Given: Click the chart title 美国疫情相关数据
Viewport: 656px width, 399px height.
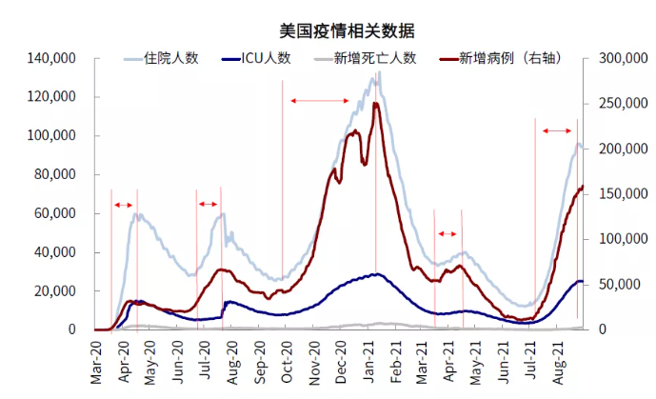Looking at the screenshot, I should pos(327,32).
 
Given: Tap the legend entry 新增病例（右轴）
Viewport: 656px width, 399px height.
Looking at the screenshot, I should pos(508,58).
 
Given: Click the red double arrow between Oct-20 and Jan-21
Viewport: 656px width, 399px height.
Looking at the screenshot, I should pos(320,101).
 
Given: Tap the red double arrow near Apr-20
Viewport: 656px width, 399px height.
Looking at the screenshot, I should pos(123,205).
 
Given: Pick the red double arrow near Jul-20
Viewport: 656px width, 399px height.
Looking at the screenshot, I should pos(209,204).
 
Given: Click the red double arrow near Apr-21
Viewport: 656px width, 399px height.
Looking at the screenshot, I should pos(447,234).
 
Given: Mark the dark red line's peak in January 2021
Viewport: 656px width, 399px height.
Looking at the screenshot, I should pos(376,103).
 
